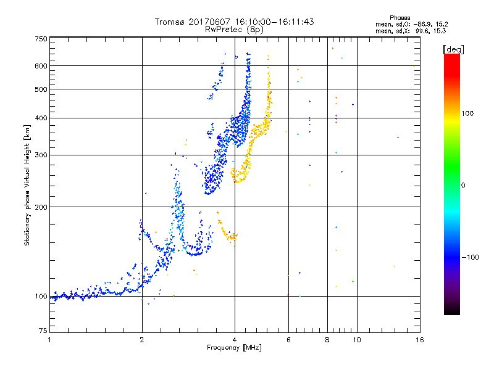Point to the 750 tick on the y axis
pyautogui.click(x=41, y=39)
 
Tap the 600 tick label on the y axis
pyautogui.click(x=41, y=66)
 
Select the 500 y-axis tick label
pyautogui.click(x=41, y=89)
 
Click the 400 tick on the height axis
pyautogui.click(x=41, y=118)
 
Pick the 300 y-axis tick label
pyautogui.click(x=41, y=155)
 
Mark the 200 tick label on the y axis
pyautogui.click(x=41, y=207)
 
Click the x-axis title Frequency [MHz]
pyautogui.click(x=234, y=348)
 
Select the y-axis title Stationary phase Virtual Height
pyautogui.click(x=27, y=185)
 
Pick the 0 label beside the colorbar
pyautogui.click(x=463, y=185)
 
